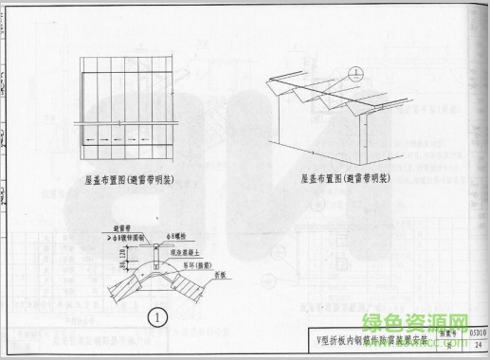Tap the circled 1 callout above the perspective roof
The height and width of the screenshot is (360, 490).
click(354, 71)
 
